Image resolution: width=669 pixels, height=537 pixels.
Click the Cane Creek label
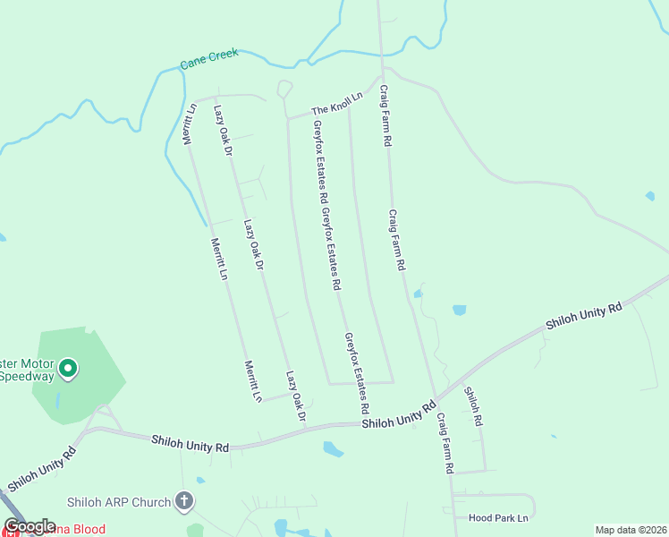point(209,59)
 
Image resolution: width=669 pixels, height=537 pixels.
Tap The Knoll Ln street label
point(336,103)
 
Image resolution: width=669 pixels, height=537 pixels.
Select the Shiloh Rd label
point(473,405)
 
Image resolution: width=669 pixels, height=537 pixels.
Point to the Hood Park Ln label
point(498,517)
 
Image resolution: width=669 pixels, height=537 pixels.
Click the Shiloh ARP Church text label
point(118,502)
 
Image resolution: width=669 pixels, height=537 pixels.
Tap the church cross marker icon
point(184,501)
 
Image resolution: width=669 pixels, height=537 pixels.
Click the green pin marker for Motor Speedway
point(66,368)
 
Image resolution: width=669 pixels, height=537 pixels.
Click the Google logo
point(30,526)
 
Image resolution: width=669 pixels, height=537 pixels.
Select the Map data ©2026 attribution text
point(631,529)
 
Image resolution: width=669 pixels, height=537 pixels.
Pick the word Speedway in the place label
point(27,376)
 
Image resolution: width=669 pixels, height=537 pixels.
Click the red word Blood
point(88,530)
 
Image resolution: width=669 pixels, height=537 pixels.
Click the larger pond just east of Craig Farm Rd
point(459,311)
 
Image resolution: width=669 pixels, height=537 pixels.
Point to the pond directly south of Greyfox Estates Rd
point(333,449)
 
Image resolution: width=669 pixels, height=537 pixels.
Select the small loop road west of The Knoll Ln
point(285,89)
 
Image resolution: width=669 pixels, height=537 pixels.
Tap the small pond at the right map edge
point(649,196)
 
